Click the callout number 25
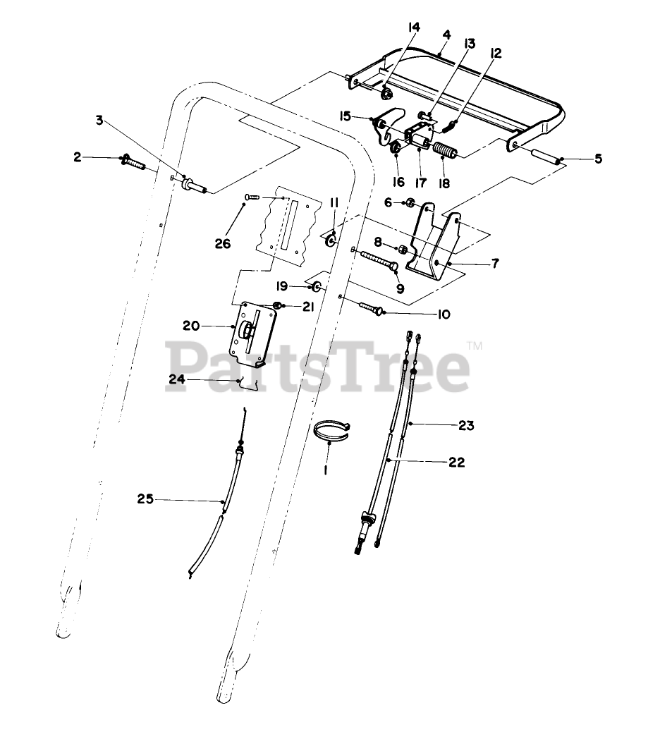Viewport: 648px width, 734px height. point(145,499)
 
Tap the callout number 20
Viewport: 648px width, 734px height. point(191,326)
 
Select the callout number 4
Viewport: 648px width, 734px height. point(446,34)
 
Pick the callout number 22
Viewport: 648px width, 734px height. point(456,463)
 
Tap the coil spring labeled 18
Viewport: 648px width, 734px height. point(444,152)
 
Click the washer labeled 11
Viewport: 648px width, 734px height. point(331,242)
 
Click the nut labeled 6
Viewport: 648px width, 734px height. point(409,204)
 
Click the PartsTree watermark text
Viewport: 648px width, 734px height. point(317,367)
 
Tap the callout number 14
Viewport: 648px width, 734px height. point(413,27)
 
